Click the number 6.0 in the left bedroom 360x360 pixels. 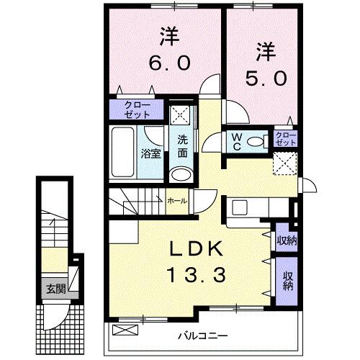coord(170,63)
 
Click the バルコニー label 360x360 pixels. coord(203,335)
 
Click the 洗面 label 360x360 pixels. coord(183,147)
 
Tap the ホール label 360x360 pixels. coord(177,201)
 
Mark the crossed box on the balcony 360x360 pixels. coord(125,330)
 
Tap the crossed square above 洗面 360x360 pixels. coord(181,116)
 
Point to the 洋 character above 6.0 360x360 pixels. coord(169,35)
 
